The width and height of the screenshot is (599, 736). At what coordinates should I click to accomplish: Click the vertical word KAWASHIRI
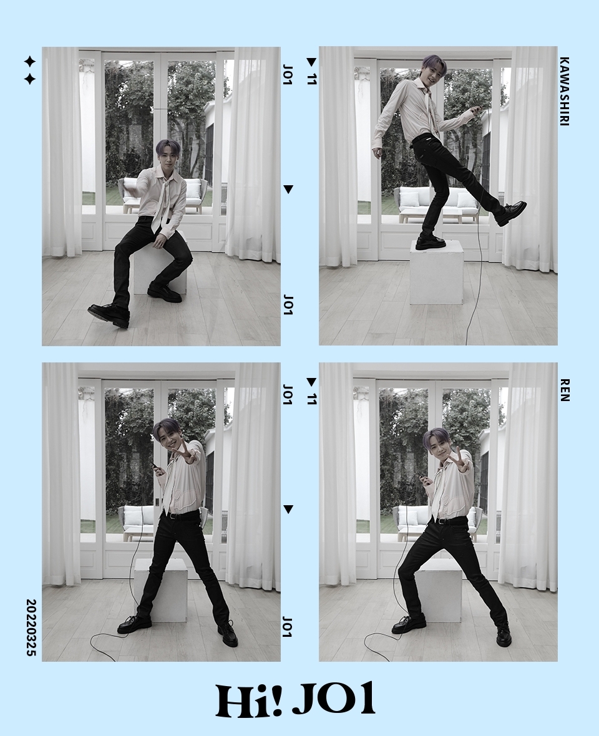tap(564, 92)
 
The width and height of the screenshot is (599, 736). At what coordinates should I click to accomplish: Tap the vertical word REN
tap(564, 390)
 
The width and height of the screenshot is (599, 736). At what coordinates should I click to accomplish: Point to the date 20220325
tap(31, 627)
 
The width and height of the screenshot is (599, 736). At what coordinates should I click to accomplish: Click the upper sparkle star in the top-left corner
tap(29, 62)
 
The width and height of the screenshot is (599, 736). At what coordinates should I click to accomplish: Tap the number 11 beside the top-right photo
tap(312, 79)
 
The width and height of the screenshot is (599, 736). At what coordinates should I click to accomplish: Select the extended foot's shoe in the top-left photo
tap(109, 314)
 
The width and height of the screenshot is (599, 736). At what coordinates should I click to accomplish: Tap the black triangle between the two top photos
tap(288, 189)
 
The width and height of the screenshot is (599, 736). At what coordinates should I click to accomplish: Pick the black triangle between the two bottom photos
tap(288, 510)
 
